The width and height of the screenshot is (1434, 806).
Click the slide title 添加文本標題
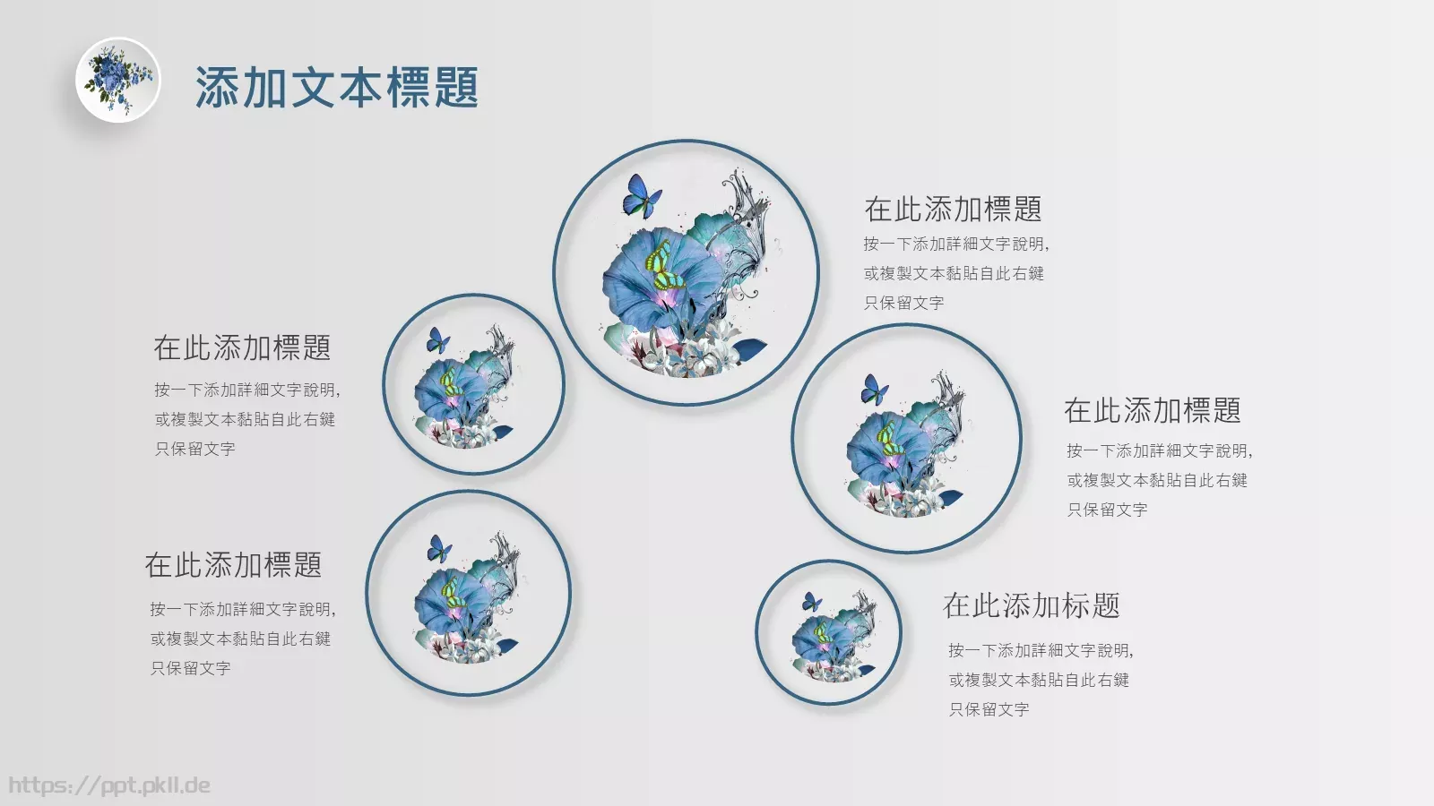(336, 88)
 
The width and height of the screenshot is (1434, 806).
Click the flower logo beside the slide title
(117, 80)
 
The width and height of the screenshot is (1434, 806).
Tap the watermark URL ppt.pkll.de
(109, 785)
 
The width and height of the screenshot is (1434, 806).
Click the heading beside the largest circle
(953, 210)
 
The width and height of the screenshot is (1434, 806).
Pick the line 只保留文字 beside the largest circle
(903, 303)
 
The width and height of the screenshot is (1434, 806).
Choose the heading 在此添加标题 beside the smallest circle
(1031, 606)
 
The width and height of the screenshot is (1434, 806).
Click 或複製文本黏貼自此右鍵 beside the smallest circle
(1039, 680)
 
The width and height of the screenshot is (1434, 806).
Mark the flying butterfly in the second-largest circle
(874, 390)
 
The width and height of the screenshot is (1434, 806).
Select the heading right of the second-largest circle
(1152, 411)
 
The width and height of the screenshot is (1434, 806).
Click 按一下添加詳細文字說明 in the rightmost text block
(1158, 450)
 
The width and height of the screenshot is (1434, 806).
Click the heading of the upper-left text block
(242, 348)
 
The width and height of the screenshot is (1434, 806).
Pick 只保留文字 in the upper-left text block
(194, 449)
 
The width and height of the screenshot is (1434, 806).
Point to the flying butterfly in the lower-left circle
(439, 548)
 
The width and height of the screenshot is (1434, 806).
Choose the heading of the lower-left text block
(233, 565)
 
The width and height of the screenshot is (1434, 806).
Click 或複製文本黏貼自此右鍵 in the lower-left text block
(240, 639)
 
